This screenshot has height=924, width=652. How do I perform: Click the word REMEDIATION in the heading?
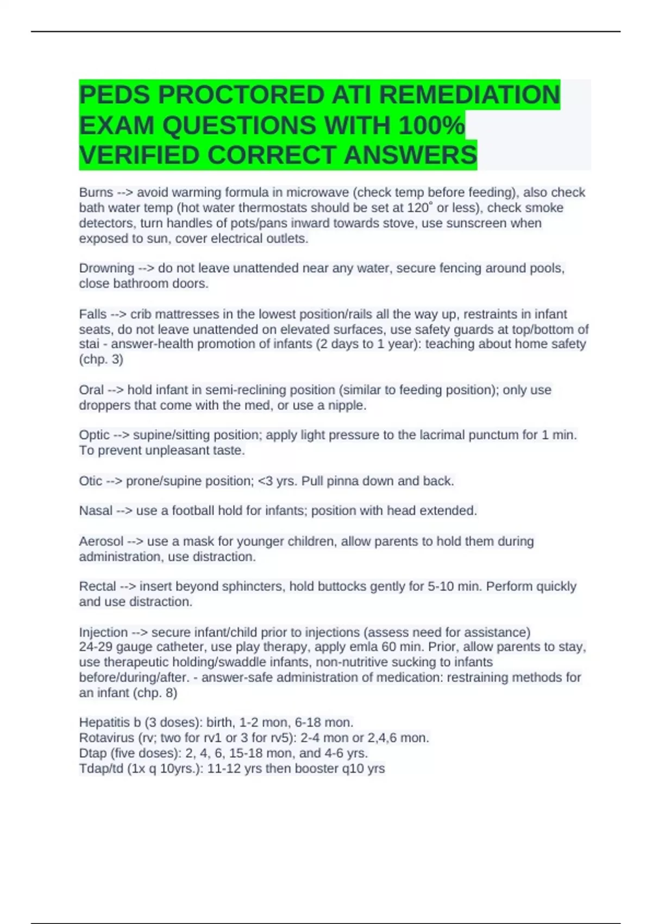point(469,95)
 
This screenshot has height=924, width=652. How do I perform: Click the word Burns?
point(96,192)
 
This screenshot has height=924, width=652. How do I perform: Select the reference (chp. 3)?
point(101,359)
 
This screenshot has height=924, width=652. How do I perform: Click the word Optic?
point(95,435)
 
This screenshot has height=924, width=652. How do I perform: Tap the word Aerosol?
point(101,541)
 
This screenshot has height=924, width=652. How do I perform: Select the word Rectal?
point(97,586)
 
